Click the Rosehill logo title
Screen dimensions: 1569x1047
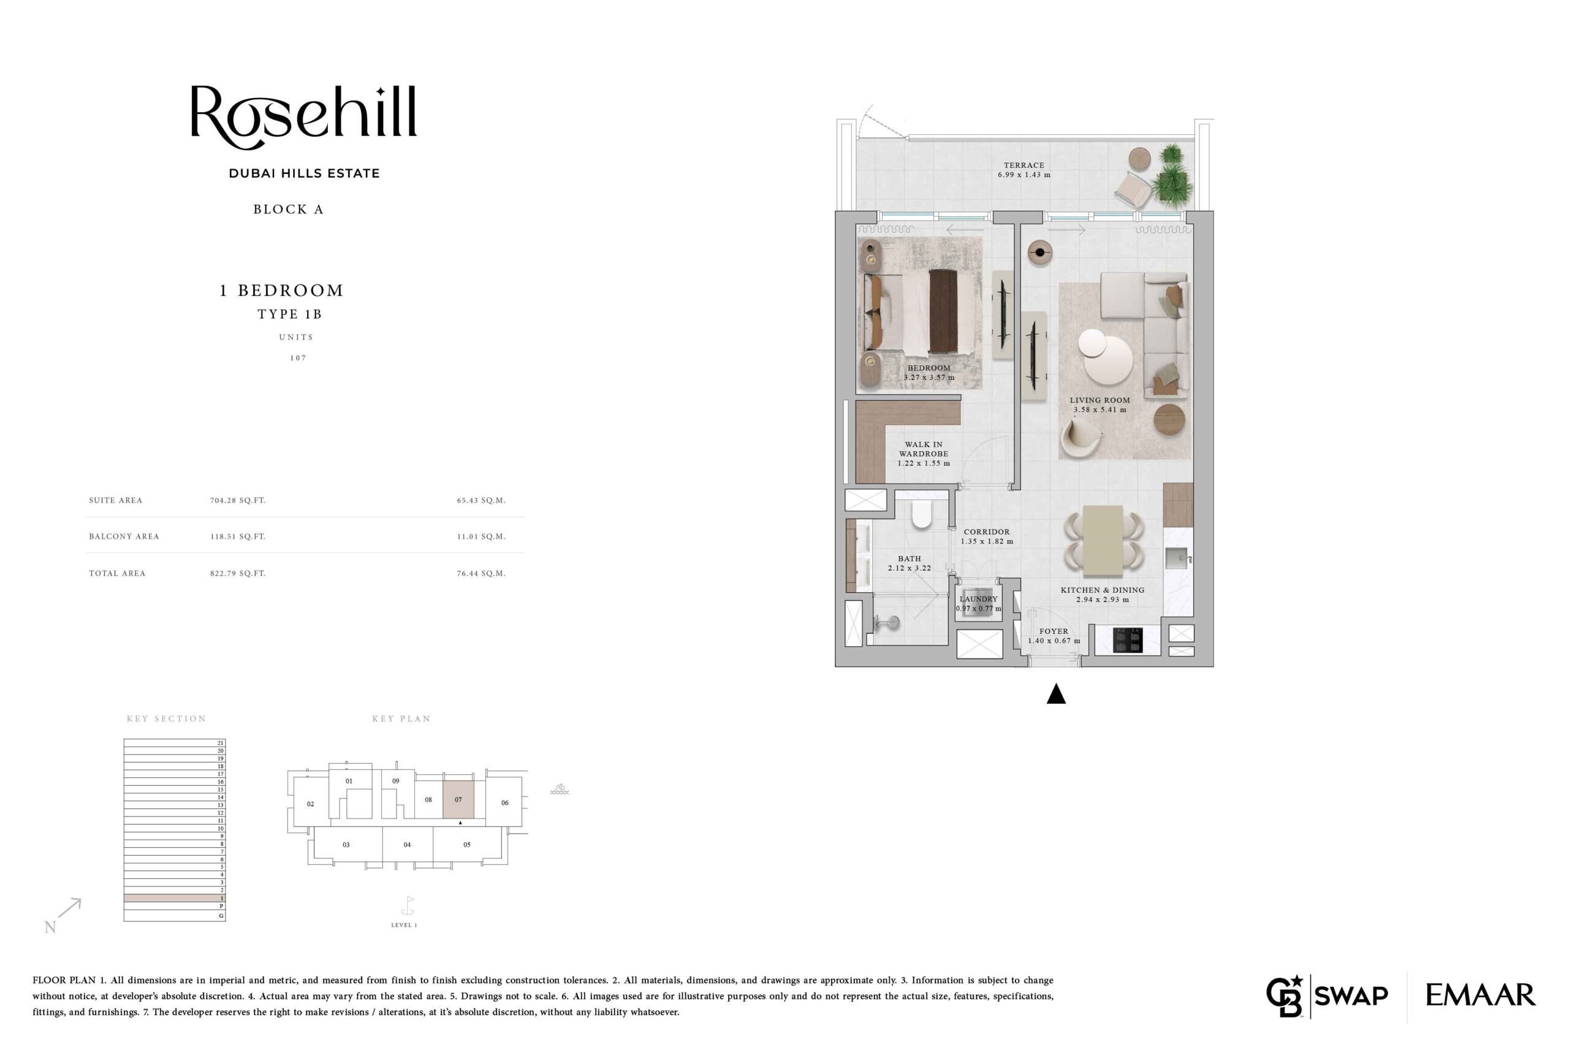[304, 117]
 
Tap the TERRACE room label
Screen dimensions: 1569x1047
[1024, 166]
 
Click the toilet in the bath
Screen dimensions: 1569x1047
[921, 514]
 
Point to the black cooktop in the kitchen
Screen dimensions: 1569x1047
[1128, 640]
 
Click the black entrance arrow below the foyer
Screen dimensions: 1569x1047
[1055, 694]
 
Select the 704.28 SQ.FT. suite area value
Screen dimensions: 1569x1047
[238, 500]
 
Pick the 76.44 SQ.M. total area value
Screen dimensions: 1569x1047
[481, 573]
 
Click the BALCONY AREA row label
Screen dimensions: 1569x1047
[124, 536]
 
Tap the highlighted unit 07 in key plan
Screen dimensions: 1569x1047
[458, 799]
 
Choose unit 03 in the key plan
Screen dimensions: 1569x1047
[346, 845]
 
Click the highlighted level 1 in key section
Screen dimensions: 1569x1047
[174, 898]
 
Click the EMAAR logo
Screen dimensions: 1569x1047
[1480, 995]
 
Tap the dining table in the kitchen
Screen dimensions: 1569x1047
[1103, 541]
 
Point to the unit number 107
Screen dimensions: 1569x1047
[298, 358]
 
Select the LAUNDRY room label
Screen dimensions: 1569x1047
[978, 599]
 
